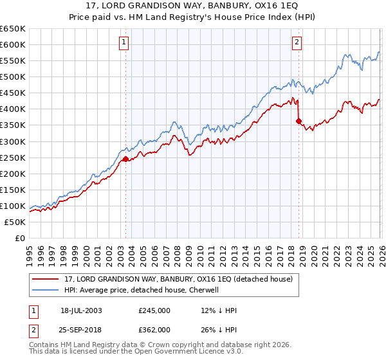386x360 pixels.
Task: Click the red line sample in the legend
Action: [x=46, y=280]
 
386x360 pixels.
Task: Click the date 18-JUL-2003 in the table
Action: [x=81, y=310]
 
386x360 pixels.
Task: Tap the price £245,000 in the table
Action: [x=154, y=310]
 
